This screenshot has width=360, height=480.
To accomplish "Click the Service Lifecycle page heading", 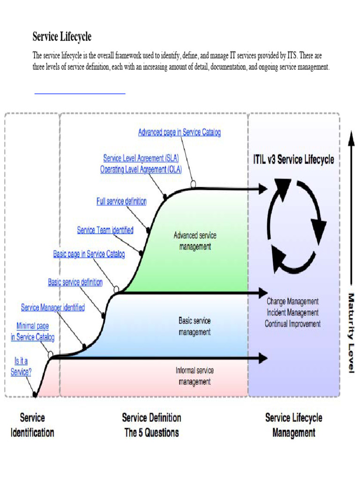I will [x=62, y=37].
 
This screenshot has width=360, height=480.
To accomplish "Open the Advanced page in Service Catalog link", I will [x=179, y=133].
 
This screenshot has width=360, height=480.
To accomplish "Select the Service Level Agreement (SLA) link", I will [x=141, y=158].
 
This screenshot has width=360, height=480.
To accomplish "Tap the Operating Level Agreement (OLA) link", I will [x=141, y=170].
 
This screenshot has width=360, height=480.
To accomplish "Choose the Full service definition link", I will [x=121, y=202].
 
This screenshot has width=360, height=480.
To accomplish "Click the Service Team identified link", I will [x=105, y=230].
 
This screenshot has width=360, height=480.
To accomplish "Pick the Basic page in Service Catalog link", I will [x=89, y=254].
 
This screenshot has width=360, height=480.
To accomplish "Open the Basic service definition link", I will [x=75, y=282].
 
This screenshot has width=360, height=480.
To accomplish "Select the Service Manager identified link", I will [x=53, y=307].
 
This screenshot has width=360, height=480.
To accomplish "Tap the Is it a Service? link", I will [x=21, y=367].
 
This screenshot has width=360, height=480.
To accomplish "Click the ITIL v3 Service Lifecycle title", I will [x=291, y=159].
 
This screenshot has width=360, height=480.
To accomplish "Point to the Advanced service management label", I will [x=195, y=241].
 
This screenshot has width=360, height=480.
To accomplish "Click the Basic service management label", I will [x=195, y=327].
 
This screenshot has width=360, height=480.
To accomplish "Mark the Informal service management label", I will [x=195, y=376].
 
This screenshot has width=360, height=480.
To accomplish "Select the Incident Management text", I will [x=292, y=313].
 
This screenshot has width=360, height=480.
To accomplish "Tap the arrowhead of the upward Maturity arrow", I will [x=351, y=137].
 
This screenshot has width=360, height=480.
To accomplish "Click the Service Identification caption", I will [x=32, y=425].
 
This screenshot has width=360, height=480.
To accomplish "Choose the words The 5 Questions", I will [x=151, y=433].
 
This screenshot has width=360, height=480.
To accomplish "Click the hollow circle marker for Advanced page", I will [x=193, y=184].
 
